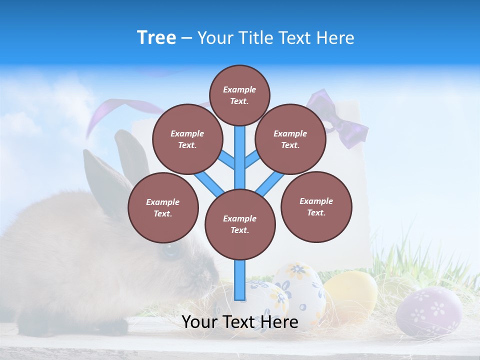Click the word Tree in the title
pyautogui.click(x=156, y=38)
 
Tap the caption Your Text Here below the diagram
pyautogui.click(x=240, y=322)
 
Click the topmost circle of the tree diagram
pyautogui.click(x=239, y=95)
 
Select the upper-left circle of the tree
pyautogui.click(x=187, y=139)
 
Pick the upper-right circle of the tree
pyautogui.click(x=290, y=139)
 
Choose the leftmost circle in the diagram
pyautogui.click(x=163, y=207)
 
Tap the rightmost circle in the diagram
pyautogui.click(x=316, y=206)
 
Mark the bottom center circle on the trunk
pyautogui.click(x=240, y=224)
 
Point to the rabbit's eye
pyautogui.click(x=170, y=250)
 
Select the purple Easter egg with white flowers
pyautogui.click(x=428, y=311)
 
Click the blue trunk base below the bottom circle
pyautogui.click(x=240, y=280)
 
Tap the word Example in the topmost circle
pyautogui.click(x=239, y=89)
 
